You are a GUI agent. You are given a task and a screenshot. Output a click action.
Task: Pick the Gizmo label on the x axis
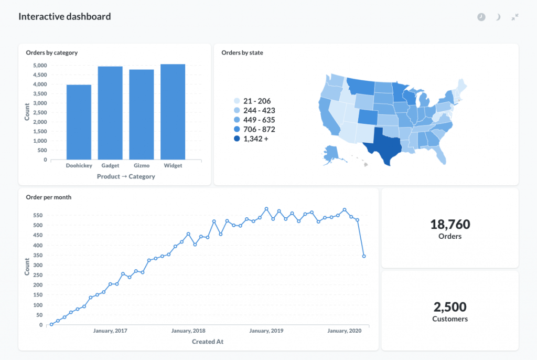142,166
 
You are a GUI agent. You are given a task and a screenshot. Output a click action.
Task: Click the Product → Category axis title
126,177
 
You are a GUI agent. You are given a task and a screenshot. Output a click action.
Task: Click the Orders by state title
242,52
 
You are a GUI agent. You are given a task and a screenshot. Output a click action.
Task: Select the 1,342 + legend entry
254,139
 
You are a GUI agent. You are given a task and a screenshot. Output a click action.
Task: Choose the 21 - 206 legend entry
253,101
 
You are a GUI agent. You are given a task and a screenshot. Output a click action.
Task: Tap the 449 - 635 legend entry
254,120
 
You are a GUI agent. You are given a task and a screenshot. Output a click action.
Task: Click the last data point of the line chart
364,257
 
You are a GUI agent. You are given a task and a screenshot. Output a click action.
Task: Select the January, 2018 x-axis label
189,331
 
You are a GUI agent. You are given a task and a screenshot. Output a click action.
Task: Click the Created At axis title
207,342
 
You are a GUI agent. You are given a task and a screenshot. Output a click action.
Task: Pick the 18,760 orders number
450,225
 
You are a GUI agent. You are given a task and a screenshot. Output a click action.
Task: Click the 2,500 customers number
450,307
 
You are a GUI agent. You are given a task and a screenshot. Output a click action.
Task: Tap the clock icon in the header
481,17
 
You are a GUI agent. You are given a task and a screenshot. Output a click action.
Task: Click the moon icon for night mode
498,17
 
